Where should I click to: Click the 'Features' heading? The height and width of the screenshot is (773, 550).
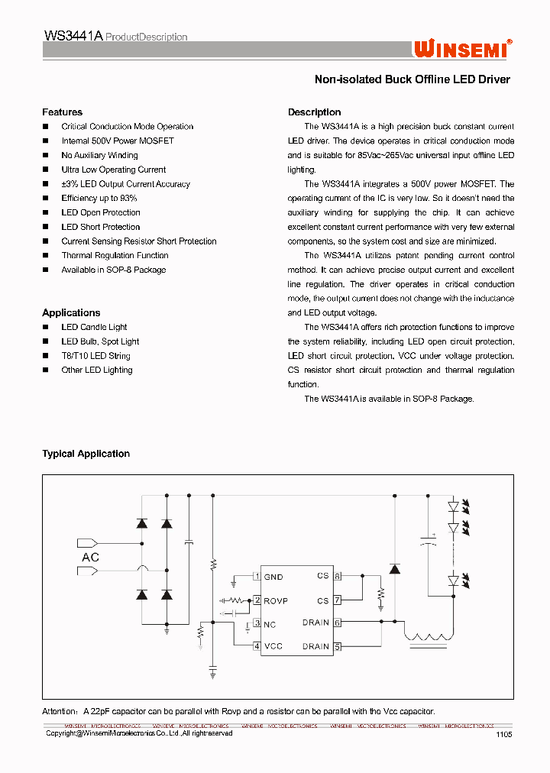(62, 112)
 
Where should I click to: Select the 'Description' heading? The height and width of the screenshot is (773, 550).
(314, 112)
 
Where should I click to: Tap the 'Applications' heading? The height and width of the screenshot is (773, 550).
(71, 313)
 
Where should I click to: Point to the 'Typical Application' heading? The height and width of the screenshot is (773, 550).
(86, 454)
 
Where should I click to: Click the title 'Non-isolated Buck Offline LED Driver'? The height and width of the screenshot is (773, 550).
(412, 79)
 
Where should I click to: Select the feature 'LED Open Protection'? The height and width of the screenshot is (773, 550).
(101, 212)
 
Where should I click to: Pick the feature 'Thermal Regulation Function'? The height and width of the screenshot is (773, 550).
(115, 255)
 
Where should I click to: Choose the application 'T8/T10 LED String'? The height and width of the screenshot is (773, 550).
(95, 356)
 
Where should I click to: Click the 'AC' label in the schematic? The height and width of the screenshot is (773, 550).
(90, 558)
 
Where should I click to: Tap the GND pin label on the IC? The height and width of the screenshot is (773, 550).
(273, 577)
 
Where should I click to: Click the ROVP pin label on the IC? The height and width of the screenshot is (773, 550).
(276, 600)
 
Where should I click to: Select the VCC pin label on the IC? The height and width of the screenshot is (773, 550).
(273, 646)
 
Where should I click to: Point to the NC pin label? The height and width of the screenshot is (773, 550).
(270, 624)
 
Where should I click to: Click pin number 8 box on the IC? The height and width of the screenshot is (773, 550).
(337, 576)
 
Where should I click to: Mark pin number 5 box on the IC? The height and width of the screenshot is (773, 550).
(337, 646)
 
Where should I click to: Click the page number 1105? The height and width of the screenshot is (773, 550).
(503, 733)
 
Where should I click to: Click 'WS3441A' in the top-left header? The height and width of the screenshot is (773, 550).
(73, 36)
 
